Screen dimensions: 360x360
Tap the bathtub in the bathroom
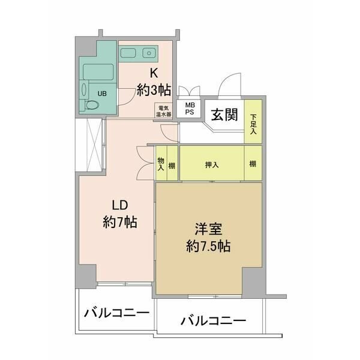(x=98, y=71)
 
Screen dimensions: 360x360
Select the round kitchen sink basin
(x=149, y=53)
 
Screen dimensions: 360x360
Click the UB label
(x=102, y=94)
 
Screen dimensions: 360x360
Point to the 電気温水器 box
(x=163, y=110)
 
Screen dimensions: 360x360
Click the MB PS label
(x=190, y=109)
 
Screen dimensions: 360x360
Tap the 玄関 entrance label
(x=224, y=115)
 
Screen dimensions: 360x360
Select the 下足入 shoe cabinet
(x=253, y=121)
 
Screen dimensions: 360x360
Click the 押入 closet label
(x=212, y=164)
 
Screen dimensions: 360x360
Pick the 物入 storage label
(x=161, y=164)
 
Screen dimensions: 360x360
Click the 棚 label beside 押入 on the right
(x=253, y=164)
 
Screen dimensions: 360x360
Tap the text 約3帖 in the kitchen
(x=154, y=90)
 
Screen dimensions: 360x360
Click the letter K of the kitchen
(x=154, y=73)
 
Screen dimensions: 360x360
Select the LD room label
(x=120, y=205)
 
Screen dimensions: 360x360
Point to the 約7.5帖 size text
(x=208, y=247)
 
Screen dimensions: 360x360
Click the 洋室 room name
(x=208, y=229)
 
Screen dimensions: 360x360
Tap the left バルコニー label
(x=116, y=313)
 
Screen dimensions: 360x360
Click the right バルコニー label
(x=213, y=321)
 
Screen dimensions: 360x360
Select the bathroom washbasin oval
(x=84, y=89)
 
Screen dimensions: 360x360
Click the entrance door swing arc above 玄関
(x=226, y=79)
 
